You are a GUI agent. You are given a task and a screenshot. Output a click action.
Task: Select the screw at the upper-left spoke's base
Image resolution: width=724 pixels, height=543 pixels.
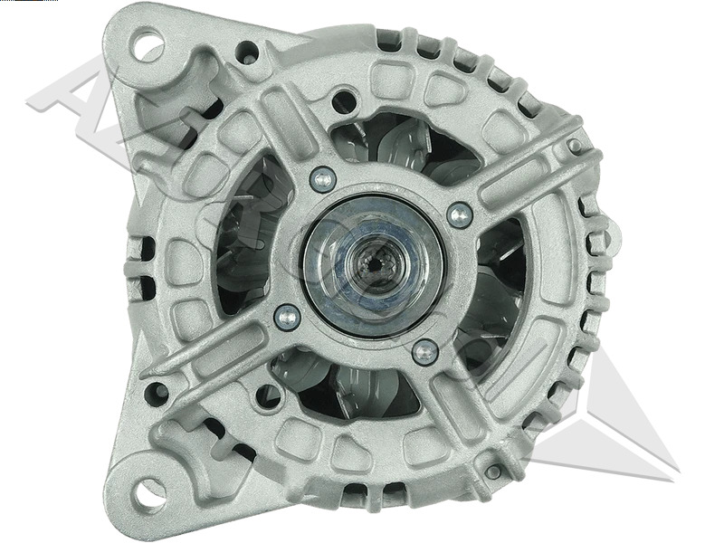pos(322,178)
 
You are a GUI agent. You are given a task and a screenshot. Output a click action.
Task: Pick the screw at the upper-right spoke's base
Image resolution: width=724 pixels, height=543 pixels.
pos(460,214)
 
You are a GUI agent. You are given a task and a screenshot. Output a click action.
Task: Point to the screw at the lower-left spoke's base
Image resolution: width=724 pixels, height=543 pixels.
pos(287,316)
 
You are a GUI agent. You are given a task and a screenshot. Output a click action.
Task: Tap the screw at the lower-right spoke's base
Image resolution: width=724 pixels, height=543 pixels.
pos(424,351)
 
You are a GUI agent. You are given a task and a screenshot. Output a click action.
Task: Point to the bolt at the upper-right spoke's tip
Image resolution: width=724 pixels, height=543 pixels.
pos(574,146)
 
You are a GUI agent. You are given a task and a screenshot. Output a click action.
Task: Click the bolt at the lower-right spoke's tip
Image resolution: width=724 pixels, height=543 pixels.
pos(493,472)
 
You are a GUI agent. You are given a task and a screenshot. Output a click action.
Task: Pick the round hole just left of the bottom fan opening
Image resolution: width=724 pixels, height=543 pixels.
pos(269,395)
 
